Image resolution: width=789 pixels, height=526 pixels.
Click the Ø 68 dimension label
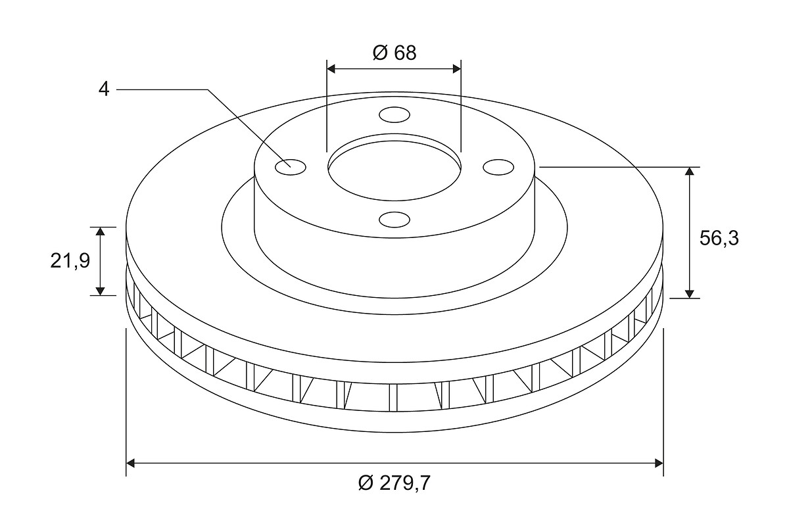coord(394,53)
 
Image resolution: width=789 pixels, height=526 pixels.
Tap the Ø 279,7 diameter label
coord(394,483)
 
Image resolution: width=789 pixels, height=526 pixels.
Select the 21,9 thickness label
coord(70,262)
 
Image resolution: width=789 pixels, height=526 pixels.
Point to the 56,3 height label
coord(719,239)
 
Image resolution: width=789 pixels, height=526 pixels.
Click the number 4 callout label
coord(104,89)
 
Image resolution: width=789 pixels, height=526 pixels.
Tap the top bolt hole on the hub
coord(394,115)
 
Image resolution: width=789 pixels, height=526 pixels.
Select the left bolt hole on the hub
coord(291,167)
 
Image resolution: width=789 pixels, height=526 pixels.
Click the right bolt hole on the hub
coord(498,167)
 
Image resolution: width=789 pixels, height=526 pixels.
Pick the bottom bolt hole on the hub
coord(394,219)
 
